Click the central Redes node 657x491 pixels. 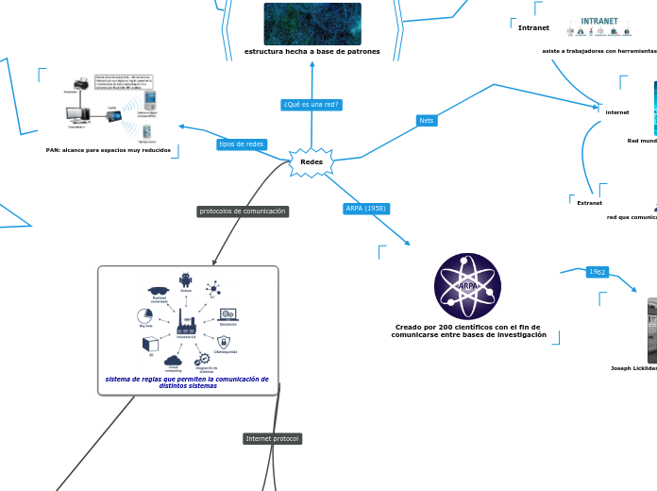tap(311, 161)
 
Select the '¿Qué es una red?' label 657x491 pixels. tap(311, 105)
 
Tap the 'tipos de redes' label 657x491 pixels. tap(241, 144)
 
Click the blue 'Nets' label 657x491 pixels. tap(427, 121)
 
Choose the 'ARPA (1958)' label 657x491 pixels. tap(365, 208)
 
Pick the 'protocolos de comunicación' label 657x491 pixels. tap(243, 212)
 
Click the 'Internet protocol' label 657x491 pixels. tap(272, 439)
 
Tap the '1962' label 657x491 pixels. tap(598, 272)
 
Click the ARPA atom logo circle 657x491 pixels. tap(467, 286)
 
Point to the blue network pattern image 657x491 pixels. tap(312, 24)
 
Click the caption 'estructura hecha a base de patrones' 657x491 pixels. tap(312, 51)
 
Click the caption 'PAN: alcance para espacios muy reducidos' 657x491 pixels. tap(109, 150)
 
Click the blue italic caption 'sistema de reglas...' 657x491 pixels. tap(187, 382)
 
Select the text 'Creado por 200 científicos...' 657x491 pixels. tap(467, 330)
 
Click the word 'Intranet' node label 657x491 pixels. tap(533, 27)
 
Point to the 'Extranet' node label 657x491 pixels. tap(589, 202)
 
